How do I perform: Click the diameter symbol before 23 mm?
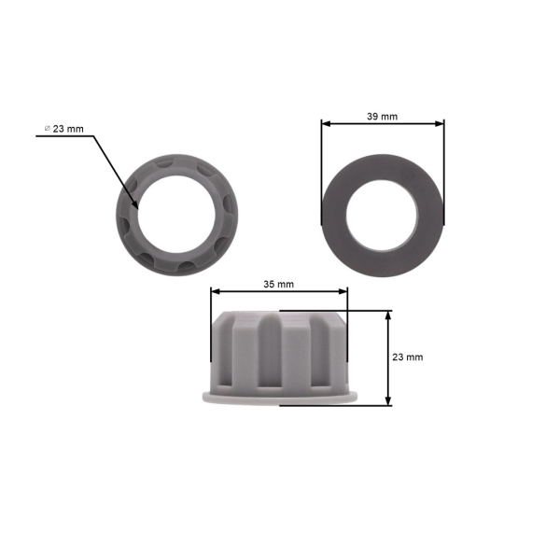(x=47, y=128)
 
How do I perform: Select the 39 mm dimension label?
(x=382, y=117)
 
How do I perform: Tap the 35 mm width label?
(x=278, y=284)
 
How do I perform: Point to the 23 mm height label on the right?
(x=407, y=357)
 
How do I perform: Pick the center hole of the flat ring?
(x=383, y=215)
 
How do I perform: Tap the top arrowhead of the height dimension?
(x=388, y=315)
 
